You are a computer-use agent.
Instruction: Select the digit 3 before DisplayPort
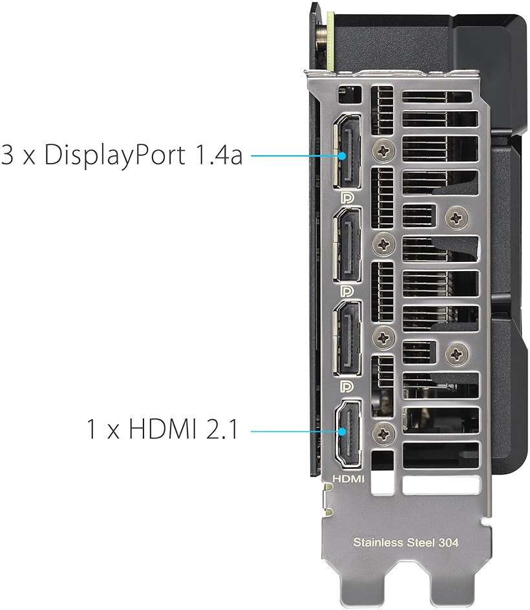[7, 155]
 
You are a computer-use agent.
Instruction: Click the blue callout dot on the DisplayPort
[342, 156]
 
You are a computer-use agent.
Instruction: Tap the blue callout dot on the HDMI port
[342, 431]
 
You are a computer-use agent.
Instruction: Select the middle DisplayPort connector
[347, 245]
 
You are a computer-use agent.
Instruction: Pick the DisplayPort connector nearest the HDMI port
[347, 339]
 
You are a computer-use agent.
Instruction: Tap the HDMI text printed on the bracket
[348, 479]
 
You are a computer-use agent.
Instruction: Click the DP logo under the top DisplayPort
[347, 198]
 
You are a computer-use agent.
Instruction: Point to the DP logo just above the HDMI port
[347, 386]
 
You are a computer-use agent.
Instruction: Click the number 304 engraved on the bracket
[449, 542]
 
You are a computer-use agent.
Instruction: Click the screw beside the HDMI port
[383, 433]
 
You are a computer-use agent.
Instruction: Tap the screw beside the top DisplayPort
[384, 150]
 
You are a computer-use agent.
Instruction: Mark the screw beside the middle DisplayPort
[384, 244]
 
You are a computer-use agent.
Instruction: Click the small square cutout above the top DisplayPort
[349, 95]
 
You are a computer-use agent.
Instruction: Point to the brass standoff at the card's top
[323, 38]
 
